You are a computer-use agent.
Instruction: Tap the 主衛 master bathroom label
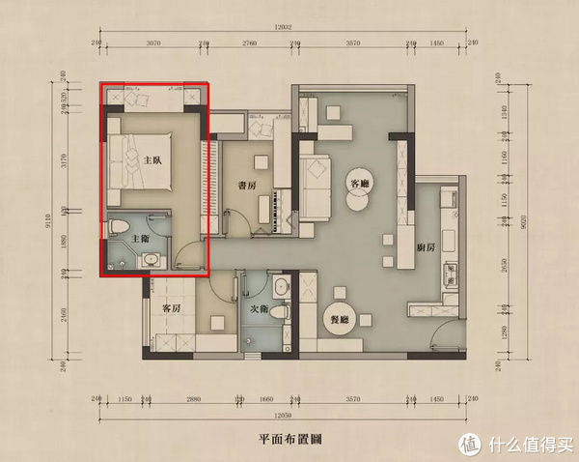pyautogui.click(x=140, y=237)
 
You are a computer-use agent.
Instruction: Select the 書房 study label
pyautogui.click(x=248, y=186)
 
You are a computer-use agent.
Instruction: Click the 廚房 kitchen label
pyautogui.click(x=425, y=247)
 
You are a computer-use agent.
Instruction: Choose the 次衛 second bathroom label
pyautogui.click(x=259, y=309)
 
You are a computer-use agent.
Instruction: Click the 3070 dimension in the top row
pyautogui.click(x=152, y=43)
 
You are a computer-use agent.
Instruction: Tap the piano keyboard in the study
pyautogui.click(x=283, y=213)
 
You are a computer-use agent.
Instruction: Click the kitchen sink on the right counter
pyautogui.click(x=448, y=271)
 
